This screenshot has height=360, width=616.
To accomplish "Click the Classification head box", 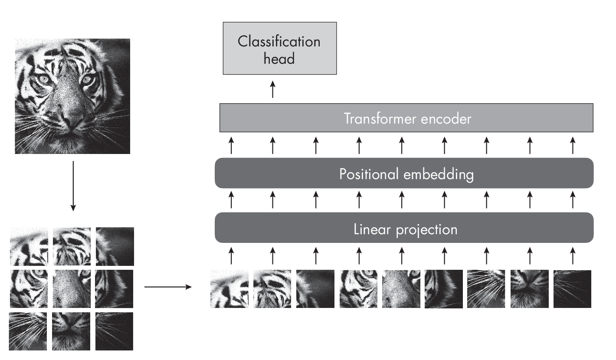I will point(279,50).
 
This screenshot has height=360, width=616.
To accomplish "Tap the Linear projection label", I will point(405,229).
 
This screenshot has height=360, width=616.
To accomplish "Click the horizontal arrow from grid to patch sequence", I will point(167,287).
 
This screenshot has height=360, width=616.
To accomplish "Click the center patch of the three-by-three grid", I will point(72,288).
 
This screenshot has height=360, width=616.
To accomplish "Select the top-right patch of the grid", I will point(115,246).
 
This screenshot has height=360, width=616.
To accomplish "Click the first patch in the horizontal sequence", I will point(229,289).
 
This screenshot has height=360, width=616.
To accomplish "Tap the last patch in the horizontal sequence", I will point(572,289).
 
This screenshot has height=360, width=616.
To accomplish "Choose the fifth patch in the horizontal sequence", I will point(401,289).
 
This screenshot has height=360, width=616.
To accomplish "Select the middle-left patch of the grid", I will point(28,288).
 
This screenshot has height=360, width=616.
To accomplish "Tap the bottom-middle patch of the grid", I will point(72,331).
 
